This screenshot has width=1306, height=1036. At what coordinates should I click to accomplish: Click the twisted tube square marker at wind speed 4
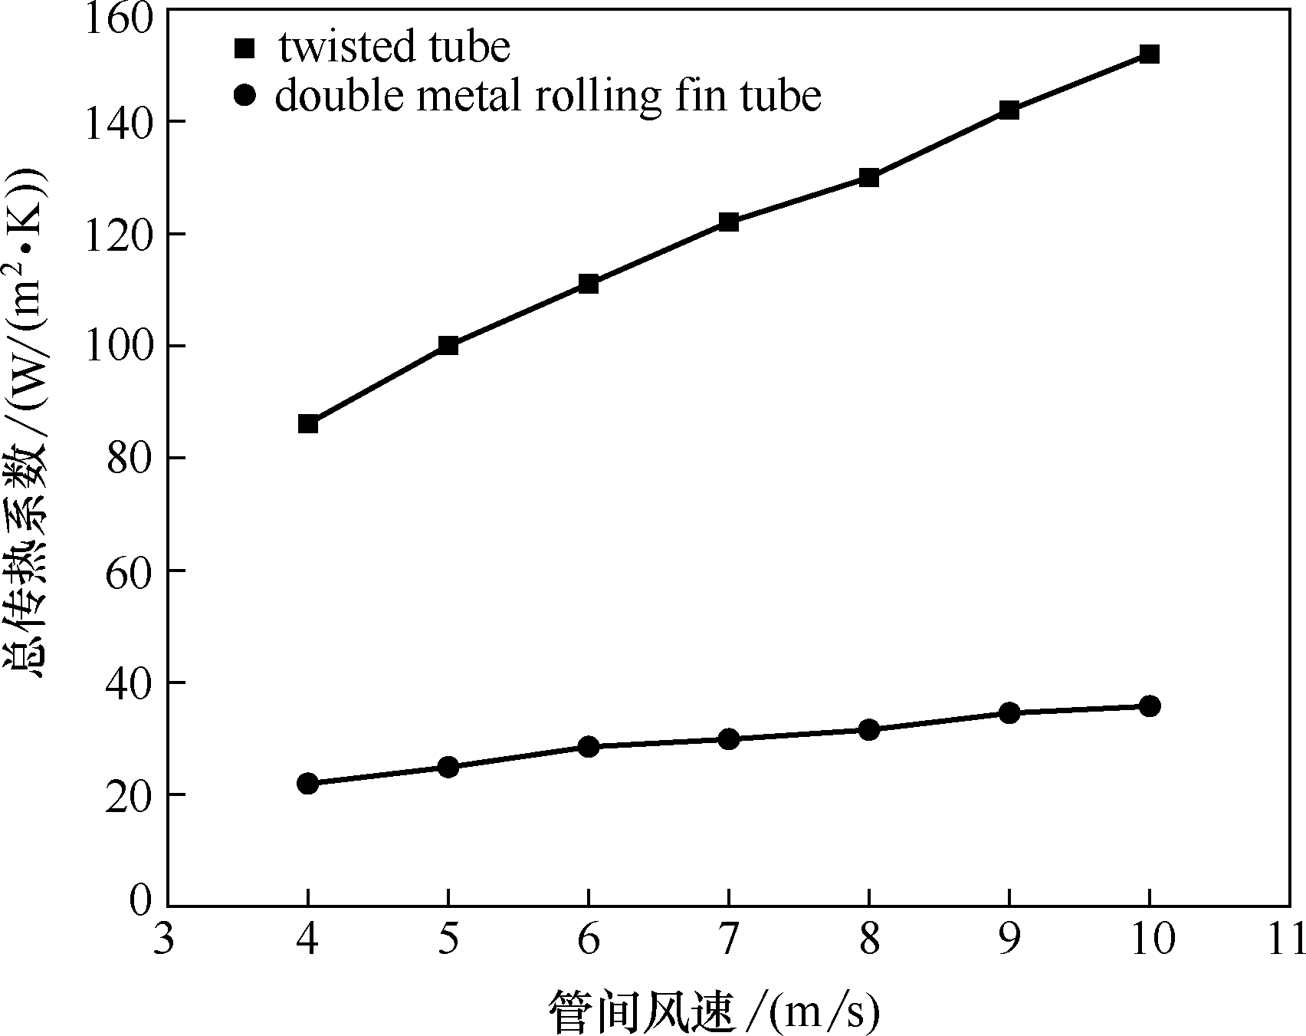tap(308, 423)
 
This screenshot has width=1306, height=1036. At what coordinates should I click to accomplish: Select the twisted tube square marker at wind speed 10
tap(1149, 54)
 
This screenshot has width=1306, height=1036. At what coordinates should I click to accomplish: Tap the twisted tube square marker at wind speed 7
tap(728, 222)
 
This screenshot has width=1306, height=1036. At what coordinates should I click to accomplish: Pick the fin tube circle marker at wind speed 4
tap(308, 783)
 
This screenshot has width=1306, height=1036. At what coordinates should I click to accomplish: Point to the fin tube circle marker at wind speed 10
tap(1149, 705)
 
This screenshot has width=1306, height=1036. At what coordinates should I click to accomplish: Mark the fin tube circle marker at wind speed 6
tap(588, 746)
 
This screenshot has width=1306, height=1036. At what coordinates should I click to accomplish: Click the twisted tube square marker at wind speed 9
tap(1009, 110)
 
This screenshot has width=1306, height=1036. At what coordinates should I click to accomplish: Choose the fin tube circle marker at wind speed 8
tap(868, 729)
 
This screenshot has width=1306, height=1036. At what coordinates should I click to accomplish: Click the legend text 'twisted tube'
tap(394, 48)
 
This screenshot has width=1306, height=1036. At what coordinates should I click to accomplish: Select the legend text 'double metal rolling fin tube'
tap(548, 97)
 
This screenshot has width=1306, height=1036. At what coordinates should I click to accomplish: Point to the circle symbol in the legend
tap(244, 97)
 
